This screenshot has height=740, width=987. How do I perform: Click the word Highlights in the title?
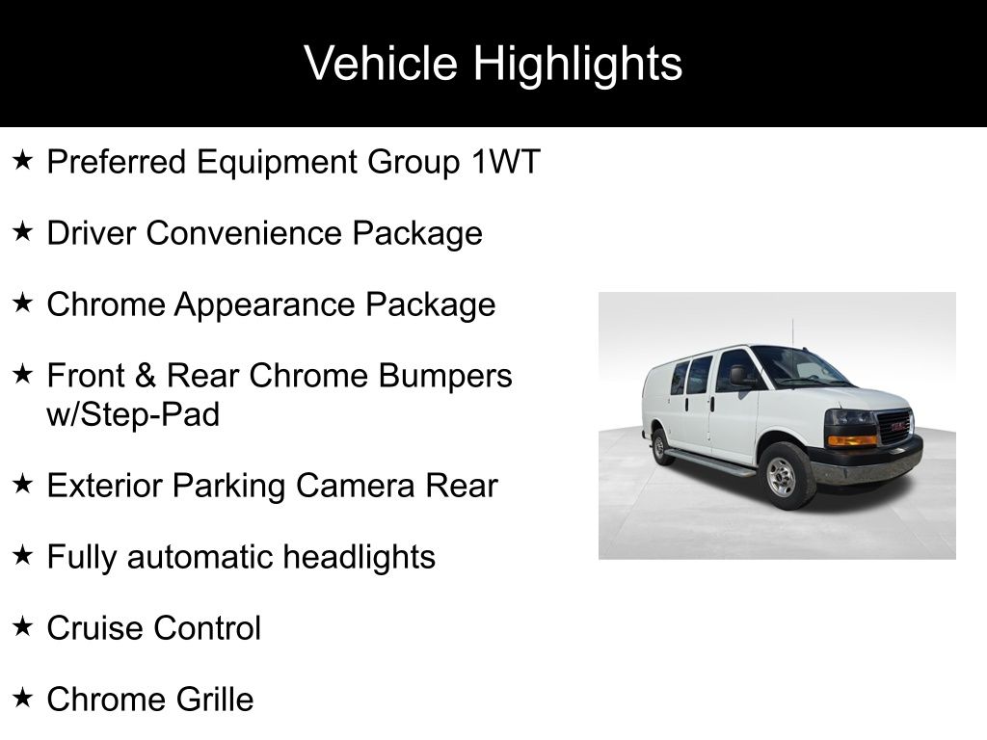coord(577,64)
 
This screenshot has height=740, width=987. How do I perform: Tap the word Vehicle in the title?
coord(380,63)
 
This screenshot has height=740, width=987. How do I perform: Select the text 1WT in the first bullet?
coord(505,162)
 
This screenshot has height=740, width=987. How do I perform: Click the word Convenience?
coord(244,233)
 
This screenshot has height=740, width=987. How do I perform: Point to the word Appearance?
coord(264,305)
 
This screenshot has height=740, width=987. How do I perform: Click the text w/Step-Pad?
coord(133,414)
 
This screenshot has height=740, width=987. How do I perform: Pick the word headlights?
coord(359,557)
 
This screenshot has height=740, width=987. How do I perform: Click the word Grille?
coord(215,700)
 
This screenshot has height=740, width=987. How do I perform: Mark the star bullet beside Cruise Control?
coord(22,626)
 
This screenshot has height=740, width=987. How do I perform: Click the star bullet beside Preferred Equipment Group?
coord(22,161)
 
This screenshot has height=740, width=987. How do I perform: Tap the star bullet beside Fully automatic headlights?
coord(22,556)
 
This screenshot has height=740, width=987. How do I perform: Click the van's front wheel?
coord(783,475)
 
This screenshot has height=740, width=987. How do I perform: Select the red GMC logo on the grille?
coord(900,425)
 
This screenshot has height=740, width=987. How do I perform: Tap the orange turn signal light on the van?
coord(851,439)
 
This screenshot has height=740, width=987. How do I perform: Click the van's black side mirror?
coord(737,376)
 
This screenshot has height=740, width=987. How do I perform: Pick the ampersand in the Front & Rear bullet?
coord(145,376)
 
